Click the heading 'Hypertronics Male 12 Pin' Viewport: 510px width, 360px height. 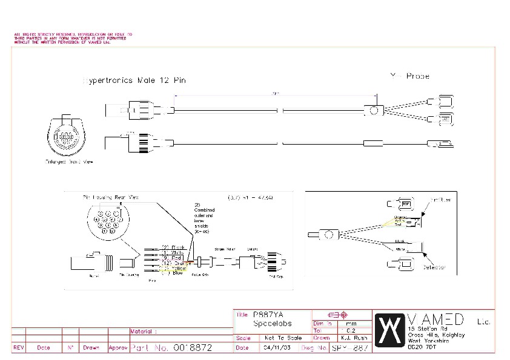pyautogui.click(x=134, y=80)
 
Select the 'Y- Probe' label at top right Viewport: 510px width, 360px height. pyautogui.click(x=410, y=76)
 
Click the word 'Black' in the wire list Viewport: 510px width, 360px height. pyautogui.click(x=177, y=247)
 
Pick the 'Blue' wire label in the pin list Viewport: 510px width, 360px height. pyautogui.click(x=177, y=273)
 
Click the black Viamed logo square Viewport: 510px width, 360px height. pyautogui.click(x=388, y=329)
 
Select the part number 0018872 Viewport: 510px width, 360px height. pyautogui.click(x=192, y=349)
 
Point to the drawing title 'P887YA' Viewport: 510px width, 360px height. pyautogui.click(x=268, y=315)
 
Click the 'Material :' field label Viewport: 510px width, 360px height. pyautogui.click(x=144, y=331)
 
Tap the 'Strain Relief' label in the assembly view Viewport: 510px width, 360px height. pyautogui.click(x=224, y=249)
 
